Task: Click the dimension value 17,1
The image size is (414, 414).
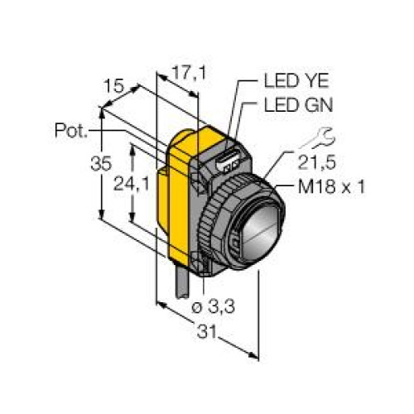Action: [189, 73]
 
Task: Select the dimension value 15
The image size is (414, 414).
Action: [113, 86]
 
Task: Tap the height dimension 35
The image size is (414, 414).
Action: [101, 163]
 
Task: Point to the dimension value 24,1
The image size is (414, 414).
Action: [131, 184]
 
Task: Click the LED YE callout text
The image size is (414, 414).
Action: [296, 80]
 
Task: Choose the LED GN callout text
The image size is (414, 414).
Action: [298, 105]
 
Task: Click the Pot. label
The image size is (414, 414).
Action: [71, 130]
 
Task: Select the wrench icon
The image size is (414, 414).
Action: [318, 138]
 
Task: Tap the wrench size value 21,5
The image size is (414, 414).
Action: [317, 162]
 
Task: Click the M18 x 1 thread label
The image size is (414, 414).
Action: [331, 187]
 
